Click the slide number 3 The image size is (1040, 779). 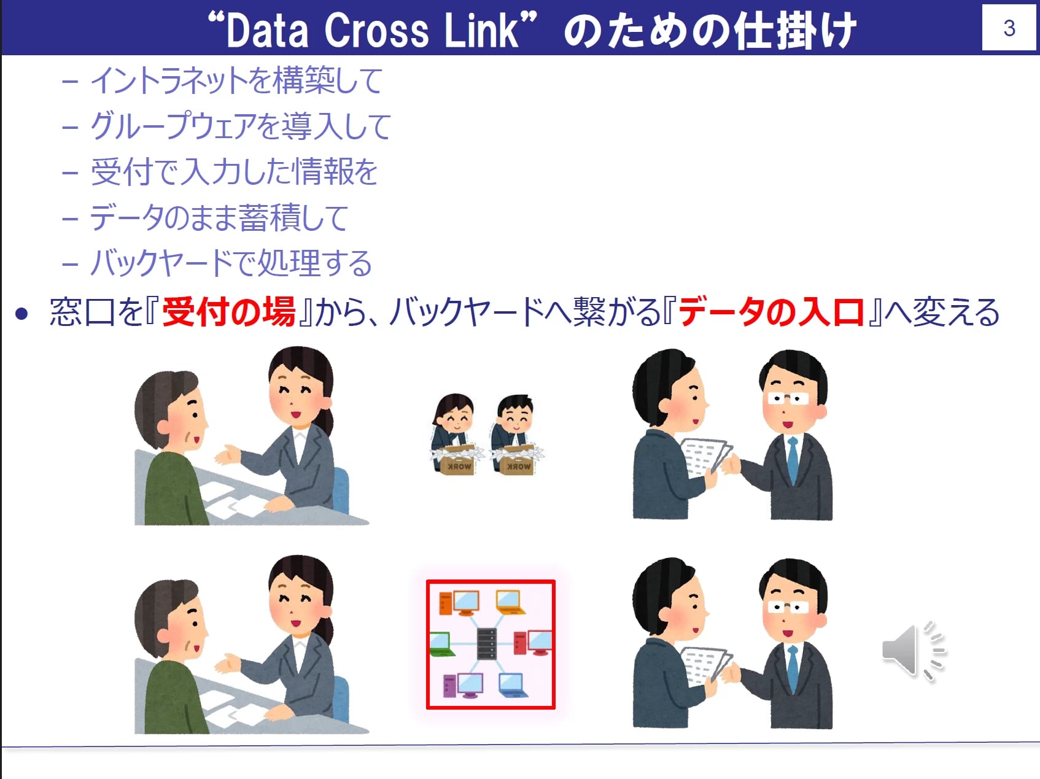tap(1009, 28)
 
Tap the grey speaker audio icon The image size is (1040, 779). tap(914, 651)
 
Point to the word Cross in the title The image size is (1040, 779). tap(376, 31)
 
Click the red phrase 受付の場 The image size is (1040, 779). tap(229, 311)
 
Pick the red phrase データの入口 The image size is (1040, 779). tap(772, 311)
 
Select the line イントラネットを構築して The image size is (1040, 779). tap(237, 80)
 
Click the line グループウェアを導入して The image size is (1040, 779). tap(241, 126)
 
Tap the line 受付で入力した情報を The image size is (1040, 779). tap(234, 171)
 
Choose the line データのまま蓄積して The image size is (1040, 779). tap(219, 217)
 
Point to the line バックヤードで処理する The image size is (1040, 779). tap(231, 263)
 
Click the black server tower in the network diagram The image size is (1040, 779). tap(486, 644)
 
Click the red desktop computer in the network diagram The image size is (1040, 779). tap(532, 643)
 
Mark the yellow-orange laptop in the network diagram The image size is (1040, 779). tap(510, 602)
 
